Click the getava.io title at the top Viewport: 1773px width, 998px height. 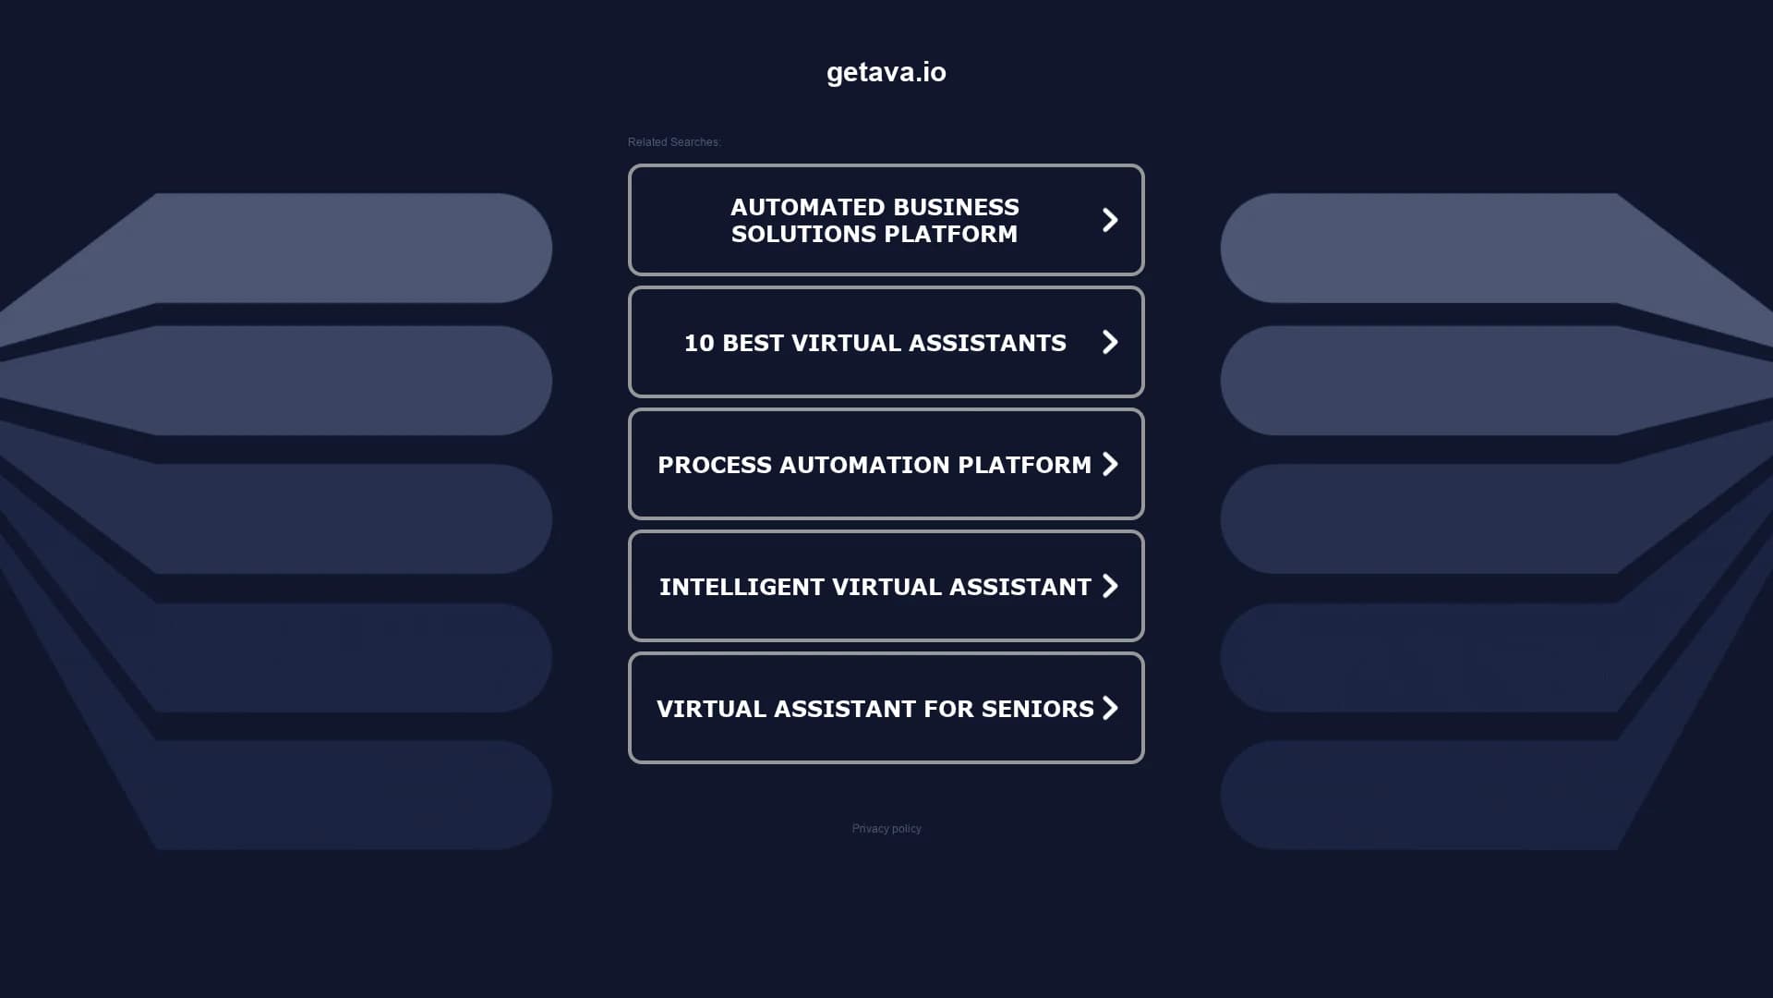[x=886, y=72]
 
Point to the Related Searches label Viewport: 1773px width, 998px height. [x=674, y=142]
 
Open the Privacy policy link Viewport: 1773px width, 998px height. [x=886, y=829]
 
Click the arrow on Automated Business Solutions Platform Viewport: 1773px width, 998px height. [x=1110, y=220]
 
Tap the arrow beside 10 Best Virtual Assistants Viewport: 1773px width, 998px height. [x=1110, y=342]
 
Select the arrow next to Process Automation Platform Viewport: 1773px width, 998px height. [x=1110, y=464]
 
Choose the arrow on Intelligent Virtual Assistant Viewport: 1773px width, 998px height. [x=1110, y=586]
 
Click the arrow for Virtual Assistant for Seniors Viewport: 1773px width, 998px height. [x=1110, y=708]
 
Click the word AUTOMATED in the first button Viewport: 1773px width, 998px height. [x=797, y=207]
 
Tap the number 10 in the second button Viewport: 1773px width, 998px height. [x=699, y=343]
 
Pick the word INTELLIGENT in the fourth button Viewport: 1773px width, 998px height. [x=742, y=587]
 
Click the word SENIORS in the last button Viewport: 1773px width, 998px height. [x=1037, y=709]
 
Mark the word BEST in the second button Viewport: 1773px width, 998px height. [x=753, y=343]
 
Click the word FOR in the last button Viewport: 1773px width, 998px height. [x=948, y=709]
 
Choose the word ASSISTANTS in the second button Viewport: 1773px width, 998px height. [x=987, y=343]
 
